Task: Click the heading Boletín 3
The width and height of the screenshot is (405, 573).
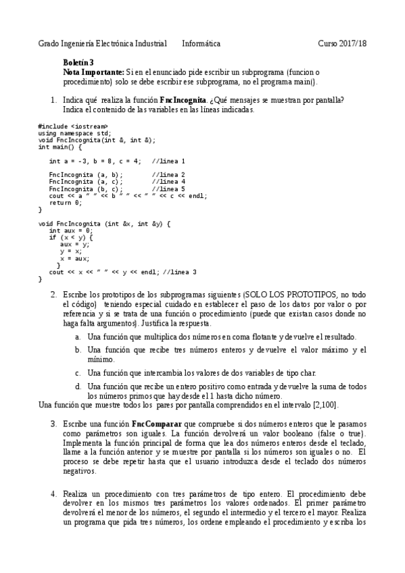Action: pyautogui.click(x=77, y=62)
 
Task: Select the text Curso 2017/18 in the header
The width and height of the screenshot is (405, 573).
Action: pyautogui.click(x=342, y=44)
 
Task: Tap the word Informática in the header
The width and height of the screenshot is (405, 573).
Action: pyautogui.click(x=201, y=44)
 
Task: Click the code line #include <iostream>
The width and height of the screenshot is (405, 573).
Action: pyautogui.click(x=72, y=126)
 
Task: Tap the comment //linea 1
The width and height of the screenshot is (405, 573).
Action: pyautogui.click(x=168, y=161)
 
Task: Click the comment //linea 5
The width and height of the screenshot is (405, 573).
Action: pyautogui.click(x=168, y=189)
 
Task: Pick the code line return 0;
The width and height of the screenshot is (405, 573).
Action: pyautogui.click(x=65, y=203)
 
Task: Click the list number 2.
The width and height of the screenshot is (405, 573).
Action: pyautogui.click(x=53, y=295)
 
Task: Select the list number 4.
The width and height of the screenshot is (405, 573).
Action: pyautogui.click(x=53, y=494)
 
